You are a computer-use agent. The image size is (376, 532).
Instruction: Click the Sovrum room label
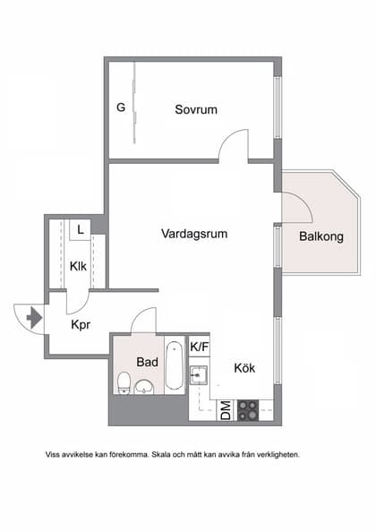pyautogui.click(x=196, y=109)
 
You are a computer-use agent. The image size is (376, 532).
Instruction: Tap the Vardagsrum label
pyautogui.click(x=193, y=234)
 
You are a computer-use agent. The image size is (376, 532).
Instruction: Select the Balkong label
pyautogui.click(x=321, y=237)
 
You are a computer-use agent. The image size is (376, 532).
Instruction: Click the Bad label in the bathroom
pyautogui.click(x=148, y=362)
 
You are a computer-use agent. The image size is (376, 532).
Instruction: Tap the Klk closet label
pyautogui.click(x=79, y=265)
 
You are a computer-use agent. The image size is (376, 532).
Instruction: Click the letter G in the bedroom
pyautogui.click(x=120, y=108)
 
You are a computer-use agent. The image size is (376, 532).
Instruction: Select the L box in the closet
pyautogui.click(x=81, y=229)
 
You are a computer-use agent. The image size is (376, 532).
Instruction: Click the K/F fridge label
pyautogui.click(x=200, y=346)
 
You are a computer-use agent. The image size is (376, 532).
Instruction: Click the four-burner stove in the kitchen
pyautogui.click(x=248, y=411)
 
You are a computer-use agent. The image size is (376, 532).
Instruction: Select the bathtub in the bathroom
pyautogui.click(x=175, y=365)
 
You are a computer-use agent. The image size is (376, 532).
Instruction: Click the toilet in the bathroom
pyautogui.click(x=123, y=385)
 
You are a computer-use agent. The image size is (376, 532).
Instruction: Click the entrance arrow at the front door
pyautogui.click(x=34, y=317)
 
